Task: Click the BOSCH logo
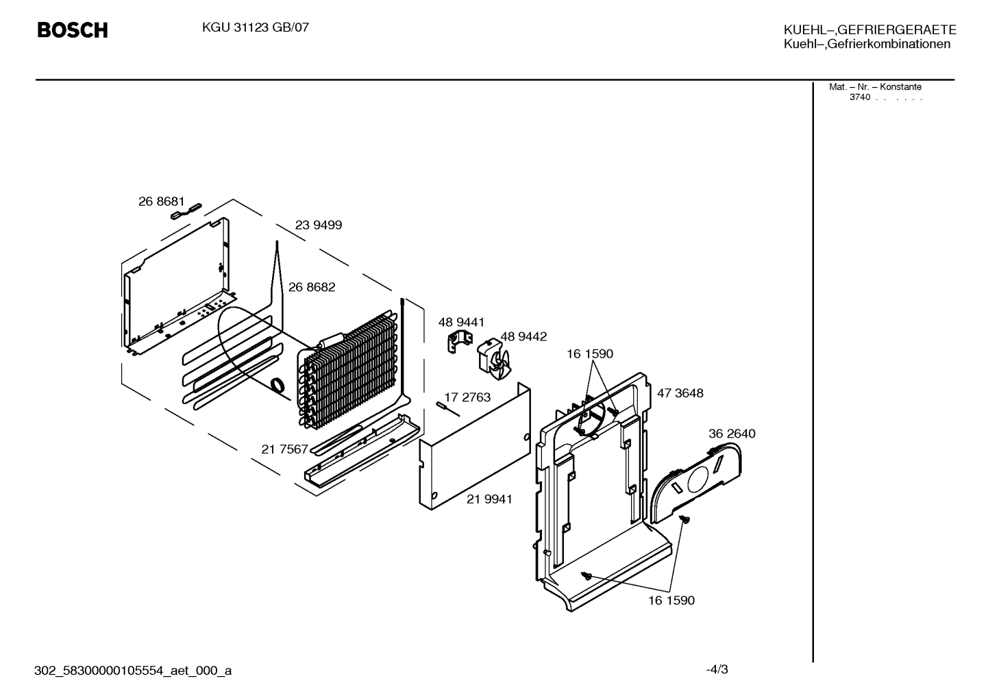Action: point(73,30)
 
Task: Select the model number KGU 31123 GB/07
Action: point(256,28)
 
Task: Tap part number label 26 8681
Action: point(162,201)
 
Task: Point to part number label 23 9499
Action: point(318,225)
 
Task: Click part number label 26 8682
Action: point(311,287)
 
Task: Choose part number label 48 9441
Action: point(461,323)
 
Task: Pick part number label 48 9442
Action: point(523,336)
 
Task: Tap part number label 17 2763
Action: point(467,397)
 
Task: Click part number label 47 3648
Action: point(680,393)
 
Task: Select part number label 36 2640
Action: point(732,434)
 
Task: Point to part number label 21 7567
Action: point(284,449)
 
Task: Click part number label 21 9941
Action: point(489,499)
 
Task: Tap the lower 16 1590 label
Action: point(671,600)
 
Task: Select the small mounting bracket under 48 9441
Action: point(460,342)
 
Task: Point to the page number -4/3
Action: point(717,669)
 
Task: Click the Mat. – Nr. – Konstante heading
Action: point(875,87)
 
